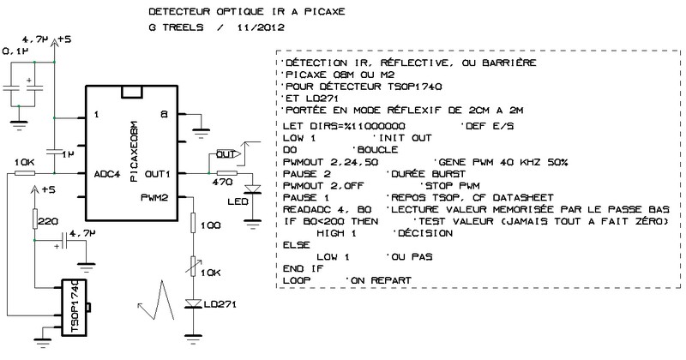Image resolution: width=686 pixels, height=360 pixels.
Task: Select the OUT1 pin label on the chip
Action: (159, 174)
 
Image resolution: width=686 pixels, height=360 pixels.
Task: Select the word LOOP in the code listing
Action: (295, 280)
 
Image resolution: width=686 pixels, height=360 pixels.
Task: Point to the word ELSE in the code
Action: (295, 244)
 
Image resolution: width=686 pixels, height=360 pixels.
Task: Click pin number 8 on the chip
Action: (162, 113)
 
